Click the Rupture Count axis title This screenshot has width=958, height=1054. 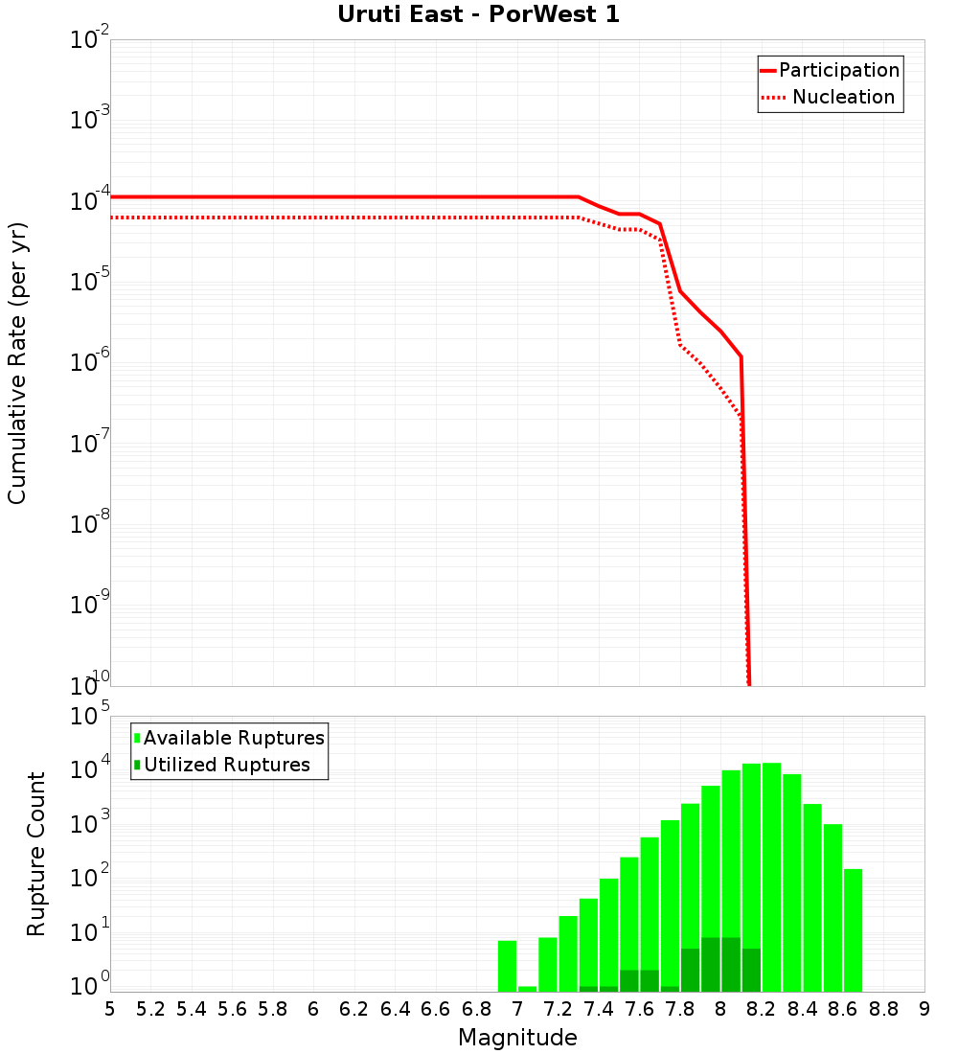(36, 853)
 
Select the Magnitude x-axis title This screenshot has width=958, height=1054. (517, 1038)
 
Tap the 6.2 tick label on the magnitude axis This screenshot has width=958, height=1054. (354, 1008)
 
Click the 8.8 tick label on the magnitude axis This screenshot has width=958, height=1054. (883, 1008)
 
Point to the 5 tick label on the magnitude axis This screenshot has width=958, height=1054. (110, 1008)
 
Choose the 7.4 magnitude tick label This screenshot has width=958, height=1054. (599, 1008)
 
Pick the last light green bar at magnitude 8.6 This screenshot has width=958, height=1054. (853, 929)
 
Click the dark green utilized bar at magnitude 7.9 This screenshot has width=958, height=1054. (711, 964)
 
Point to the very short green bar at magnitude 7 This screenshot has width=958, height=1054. (527, 989)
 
